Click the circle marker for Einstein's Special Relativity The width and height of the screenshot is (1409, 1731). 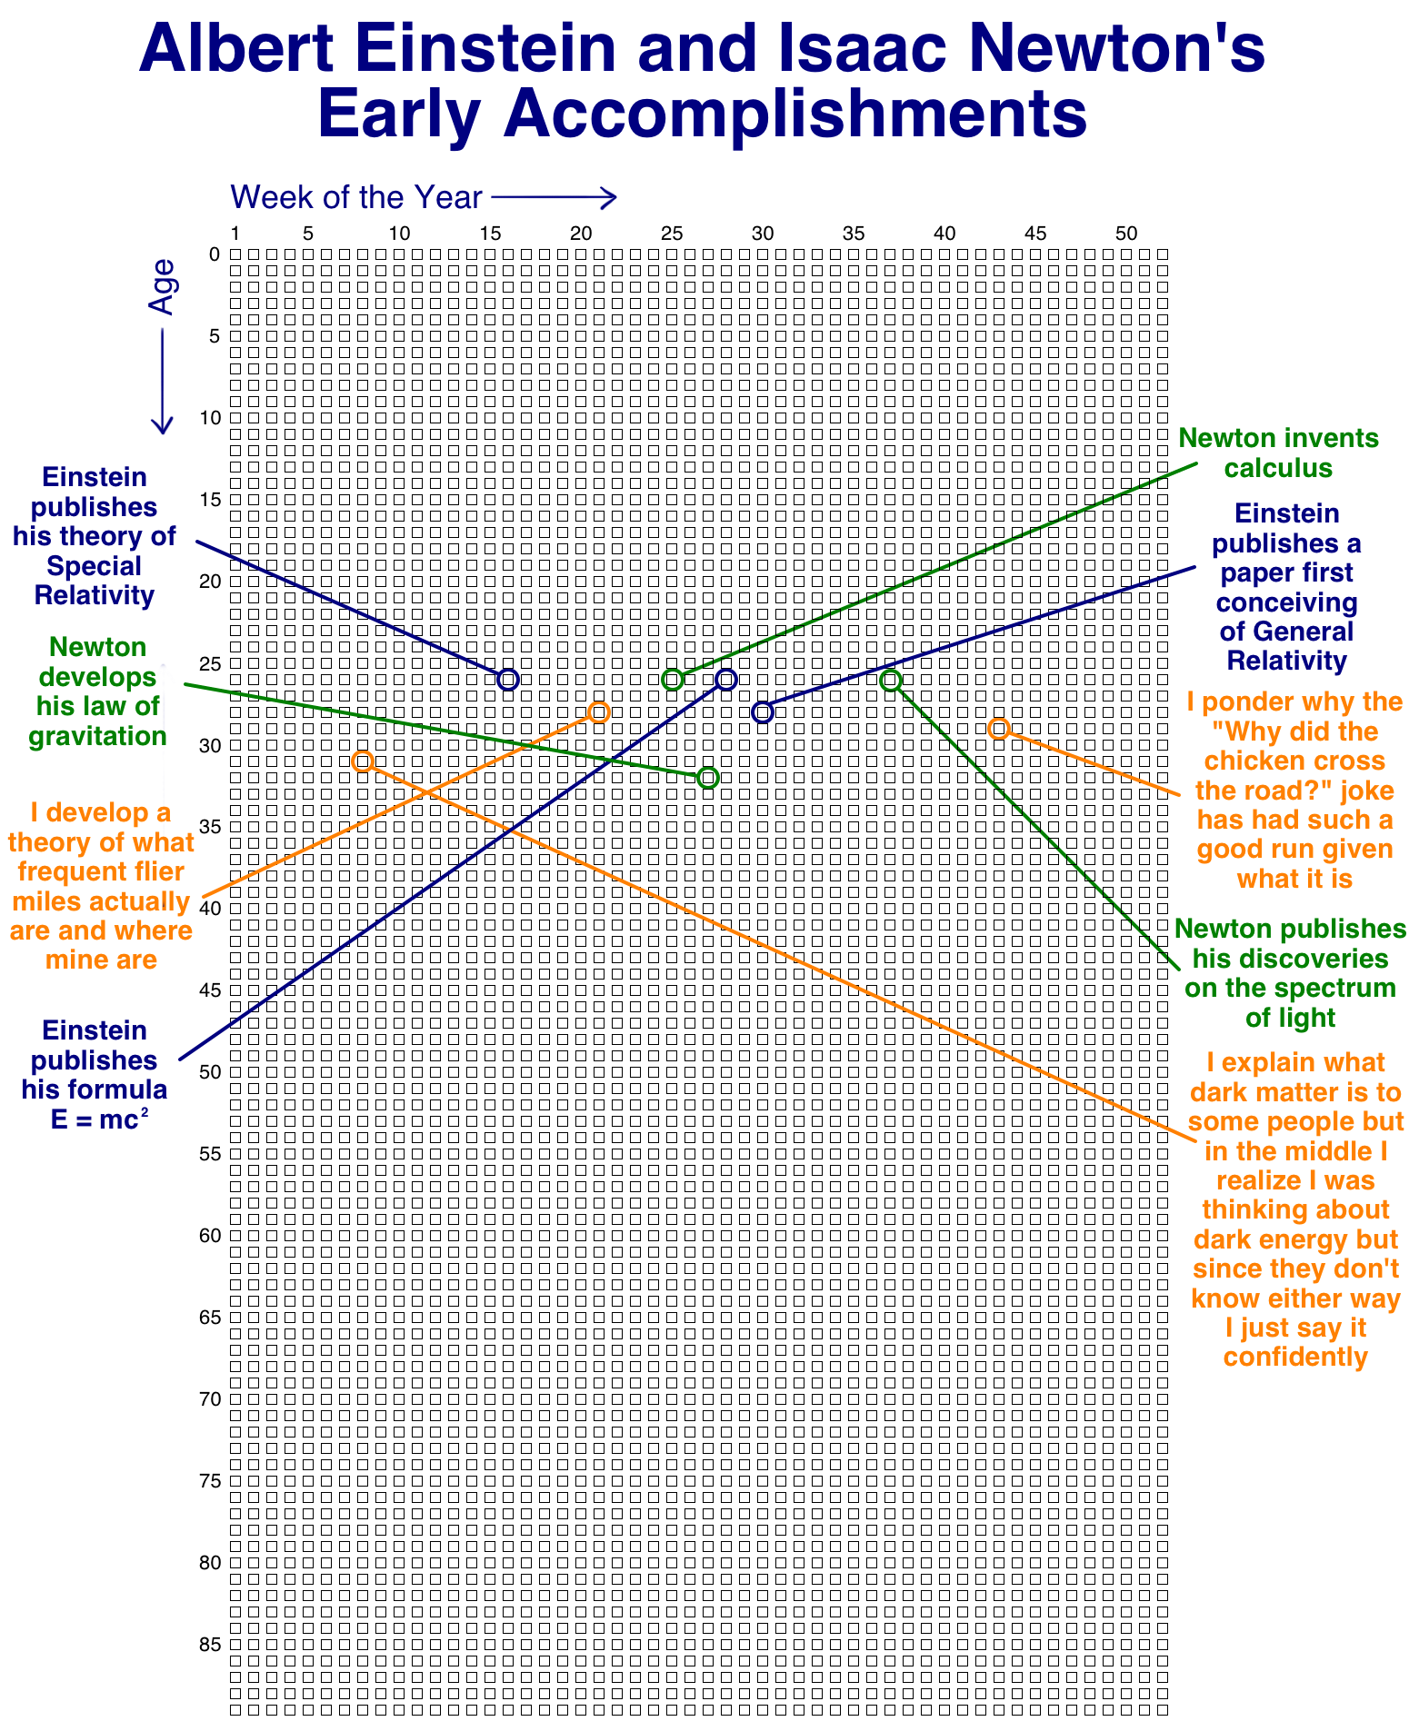point(508,679)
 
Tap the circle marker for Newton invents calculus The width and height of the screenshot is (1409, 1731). point(672,679)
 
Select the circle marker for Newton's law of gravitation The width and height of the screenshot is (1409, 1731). point(708,777)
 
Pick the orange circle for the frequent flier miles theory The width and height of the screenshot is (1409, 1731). point(598,711)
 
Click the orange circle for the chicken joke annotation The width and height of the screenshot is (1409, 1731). point(998,728)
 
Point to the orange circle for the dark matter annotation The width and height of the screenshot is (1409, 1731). point(362,761)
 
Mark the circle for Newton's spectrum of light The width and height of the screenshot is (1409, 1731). point(890,680)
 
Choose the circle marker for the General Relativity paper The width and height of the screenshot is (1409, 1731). point(763,711)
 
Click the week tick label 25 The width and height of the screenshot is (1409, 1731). point(672,234)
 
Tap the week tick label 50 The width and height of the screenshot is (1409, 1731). point(1126,234)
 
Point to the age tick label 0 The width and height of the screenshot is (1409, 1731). point(215,254)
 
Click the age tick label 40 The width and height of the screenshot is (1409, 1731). point(209,908)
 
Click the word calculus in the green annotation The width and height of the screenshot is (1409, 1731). point(1278,468)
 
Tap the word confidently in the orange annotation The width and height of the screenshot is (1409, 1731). point(1294,1357)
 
